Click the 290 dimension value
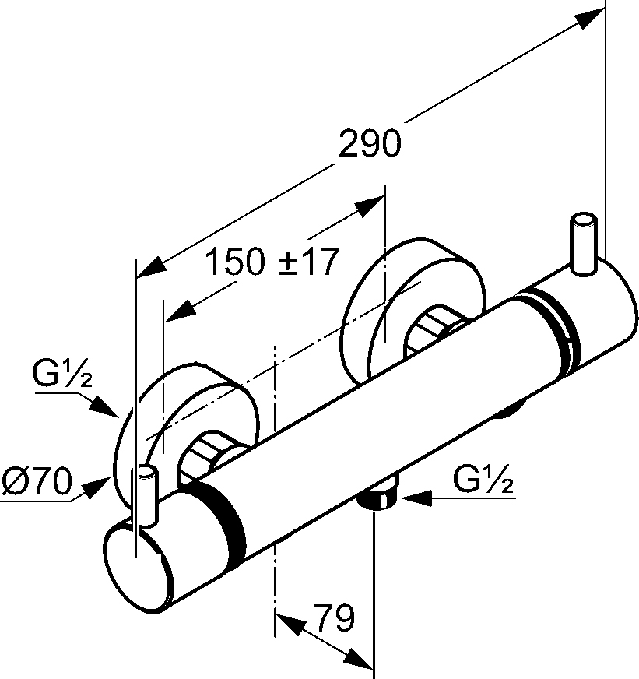[x=370, y=144]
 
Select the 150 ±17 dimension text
[x=272, y=262]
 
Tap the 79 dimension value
[x=335, y=618]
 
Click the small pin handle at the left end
[x=147, y=495]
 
